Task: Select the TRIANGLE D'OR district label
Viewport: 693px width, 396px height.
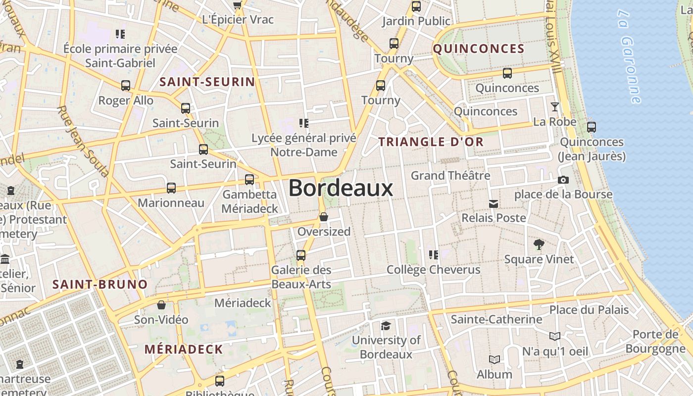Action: point(431,142)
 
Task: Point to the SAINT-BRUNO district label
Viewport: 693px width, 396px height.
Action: point(100,285)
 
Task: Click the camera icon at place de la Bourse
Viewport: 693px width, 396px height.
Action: point(563,180)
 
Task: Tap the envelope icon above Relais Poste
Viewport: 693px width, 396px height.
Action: point(494,203)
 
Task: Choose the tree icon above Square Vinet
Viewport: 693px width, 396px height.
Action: point(539,244)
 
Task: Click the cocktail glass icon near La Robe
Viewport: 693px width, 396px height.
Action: point(554,107)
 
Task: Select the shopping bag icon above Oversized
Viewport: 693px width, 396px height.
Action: point(324,217)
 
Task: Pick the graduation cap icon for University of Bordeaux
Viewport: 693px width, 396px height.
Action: point(386,325)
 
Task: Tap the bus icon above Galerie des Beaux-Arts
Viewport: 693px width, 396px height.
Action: point(301,255)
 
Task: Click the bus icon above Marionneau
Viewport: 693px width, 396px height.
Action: point(171,188)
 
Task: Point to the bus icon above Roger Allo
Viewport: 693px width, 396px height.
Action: point(126,85)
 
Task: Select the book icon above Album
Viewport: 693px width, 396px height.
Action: point(494,359)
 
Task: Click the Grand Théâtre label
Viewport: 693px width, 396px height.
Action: point(450,176)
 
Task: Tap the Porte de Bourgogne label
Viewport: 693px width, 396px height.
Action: point(655,342)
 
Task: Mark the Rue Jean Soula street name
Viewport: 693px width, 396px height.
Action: point(83,141)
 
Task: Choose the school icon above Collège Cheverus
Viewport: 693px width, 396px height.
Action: point(434,255)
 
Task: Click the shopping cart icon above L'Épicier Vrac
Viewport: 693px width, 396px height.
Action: point(238,5)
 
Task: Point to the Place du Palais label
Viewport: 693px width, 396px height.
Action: point(589,310)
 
